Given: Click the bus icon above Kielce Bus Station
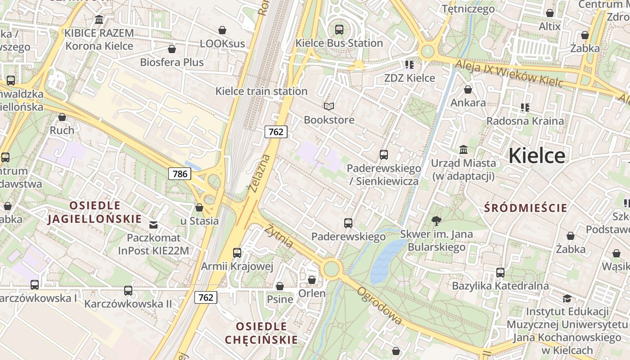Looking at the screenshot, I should click(339, 30).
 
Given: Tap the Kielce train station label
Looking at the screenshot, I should click(261, 91).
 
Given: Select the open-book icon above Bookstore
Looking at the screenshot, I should click(329, 106).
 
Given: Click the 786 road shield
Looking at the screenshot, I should click(180, 173).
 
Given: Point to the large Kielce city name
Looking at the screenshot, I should click(537, 156).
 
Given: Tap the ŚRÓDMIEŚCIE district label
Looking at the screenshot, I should click(526, 208).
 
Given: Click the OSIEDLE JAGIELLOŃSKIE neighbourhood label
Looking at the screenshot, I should click(94, 212).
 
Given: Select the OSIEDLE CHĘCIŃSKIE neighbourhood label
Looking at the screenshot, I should click(261, 333).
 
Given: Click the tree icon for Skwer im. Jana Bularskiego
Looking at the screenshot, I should click(436, 221).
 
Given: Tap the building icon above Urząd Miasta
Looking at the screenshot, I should click(463, 149).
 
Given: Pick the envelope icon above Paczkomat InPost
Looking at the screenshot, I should click(154, 225).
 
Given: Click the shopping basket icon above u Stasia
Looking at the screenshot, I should click(199, 207).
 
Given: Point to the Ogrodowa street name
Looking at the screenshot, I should click(379, 306).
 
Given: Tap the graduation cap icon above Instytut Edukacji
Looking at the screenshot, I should click(567, 298).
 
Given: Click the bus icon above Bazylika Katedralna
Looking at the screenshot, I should click(500, 272).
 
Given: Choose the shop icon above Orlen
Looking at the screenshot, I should click(312, 280).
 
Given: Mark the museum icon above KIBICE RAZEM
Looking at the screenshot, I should click(99, 20).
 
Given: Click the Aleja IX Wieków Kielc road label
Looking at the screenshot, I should click(508, 73).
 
